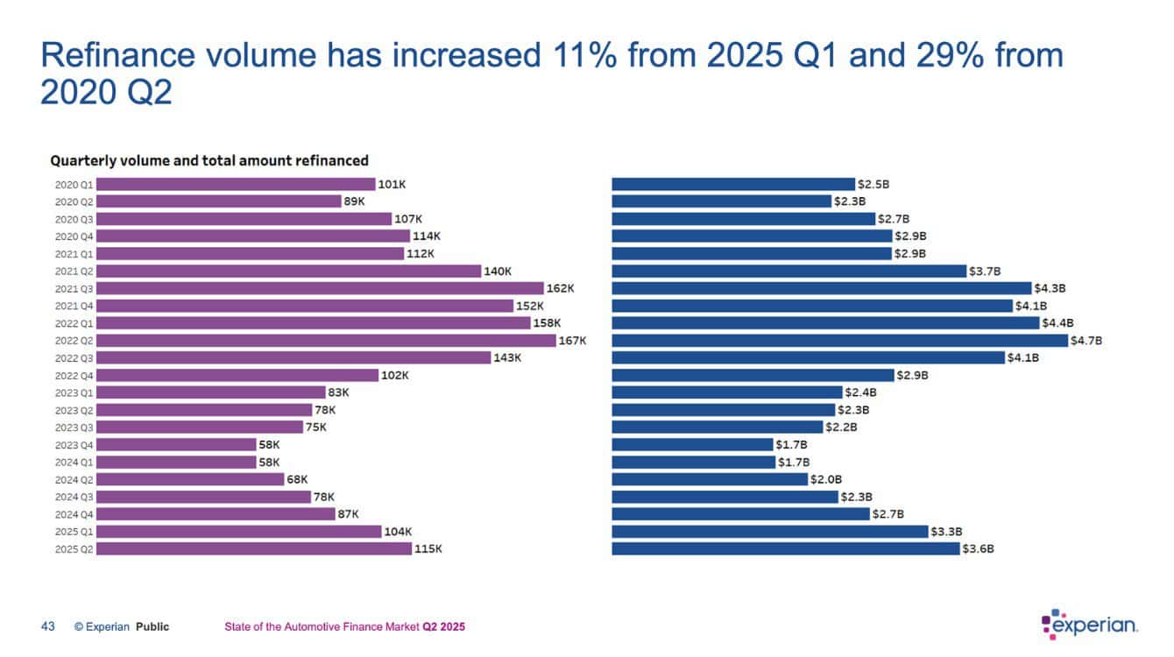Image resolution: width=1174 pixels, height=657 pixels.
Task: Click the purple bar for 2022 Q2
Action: (x=326, y=341)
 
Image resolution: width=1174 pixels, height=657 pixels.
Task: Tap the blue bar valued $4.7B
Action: (x=839, y=341)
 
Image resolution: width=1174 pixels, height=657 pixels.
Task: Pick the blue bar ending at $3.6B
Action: (x=785, y=549)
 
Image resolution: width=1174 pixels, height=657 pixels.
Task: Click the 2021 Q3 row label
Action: (x=73, y=288)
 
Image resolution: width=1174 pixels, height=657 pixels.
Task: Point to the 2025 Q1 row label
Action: (x=73, y=532)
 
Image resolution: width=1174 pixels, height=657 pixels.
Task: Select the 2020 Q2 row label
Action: (x=73, y=201)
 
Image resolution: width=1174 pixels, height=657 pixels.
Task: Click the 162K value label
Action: (x=560, y=288)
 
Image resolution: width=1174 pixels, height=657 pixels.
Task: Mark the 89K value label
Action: (x=354, y=201)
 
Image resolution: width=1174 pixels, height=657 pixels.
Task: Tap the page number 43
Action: (x=48, y=626)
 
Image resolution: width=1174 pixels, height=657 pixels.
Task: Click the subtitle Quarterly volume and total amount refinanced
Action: (x=209, y=160)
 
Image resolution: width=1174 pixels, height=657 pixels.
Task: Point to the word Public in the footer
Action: (x=152, y=627)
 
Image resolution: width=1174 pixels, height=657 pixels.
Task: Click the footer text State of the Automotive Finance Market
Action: (x=322, y=627)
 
